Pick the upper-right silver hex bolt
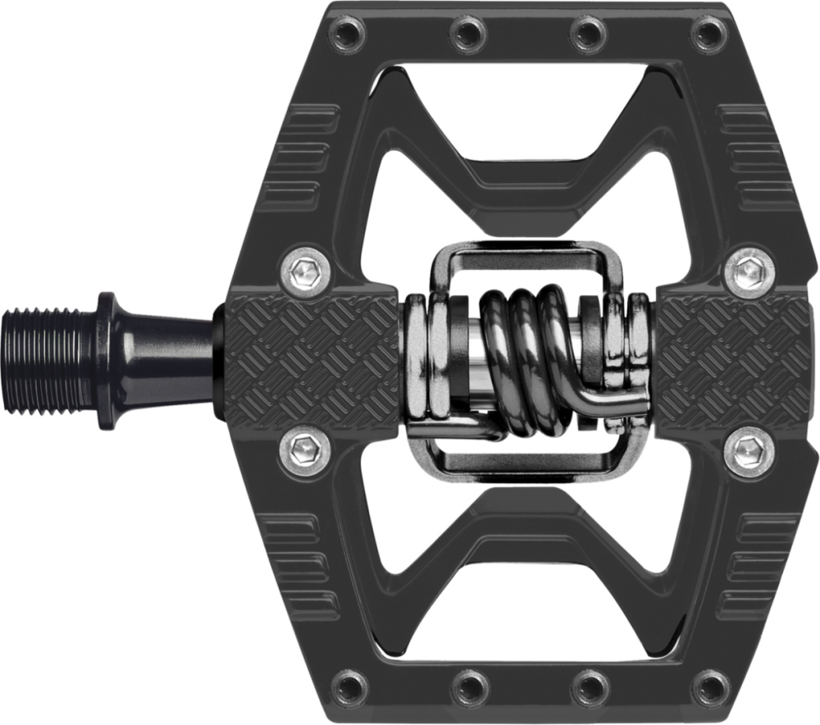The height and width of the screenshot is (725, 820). (x=750, y=271)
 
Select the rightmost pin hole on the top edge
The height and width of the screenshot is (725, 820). (x=708, y=34)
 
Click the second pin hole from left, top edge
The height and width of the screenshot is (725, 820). (x=469, y=34)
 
